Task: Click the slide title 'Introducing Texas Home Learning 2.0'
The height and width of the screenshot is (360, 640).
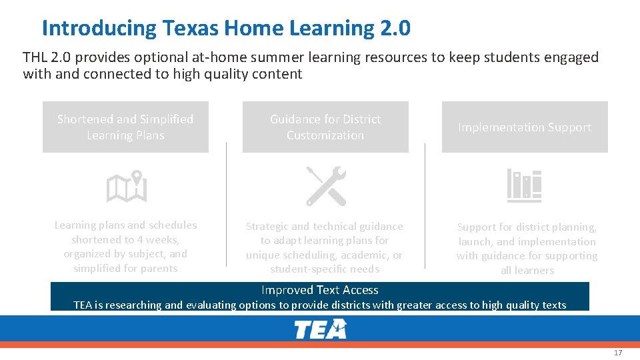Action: pos(226,28)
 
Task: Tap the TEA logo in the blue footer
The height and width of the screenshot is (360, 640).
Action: pos(321,329)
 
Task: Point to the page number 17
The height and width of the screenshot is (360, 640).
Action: pos(617,353)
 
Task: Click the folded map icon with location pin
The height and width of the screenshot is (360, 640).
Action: pos(126,186)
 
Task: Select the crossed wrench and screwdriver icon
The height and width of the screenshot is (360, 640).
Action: pos(326,186)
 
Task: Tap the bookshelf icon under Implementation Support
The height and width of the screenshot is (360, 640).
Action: pos(524,185)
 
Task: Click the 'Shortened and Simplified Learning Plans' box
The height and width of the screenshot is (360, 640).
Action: pos(125,127)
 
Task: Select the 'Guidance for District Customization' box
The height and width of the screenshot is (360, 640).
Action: pos(325,127)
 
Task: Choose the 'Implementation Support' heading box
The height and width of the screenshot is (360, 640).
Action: pos(525,127)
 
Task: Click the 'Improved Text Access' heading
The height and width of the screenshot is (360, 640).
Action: pos(320,290)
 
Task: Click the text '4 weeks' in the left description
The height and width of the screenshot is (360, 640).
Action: pos(157,239)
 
